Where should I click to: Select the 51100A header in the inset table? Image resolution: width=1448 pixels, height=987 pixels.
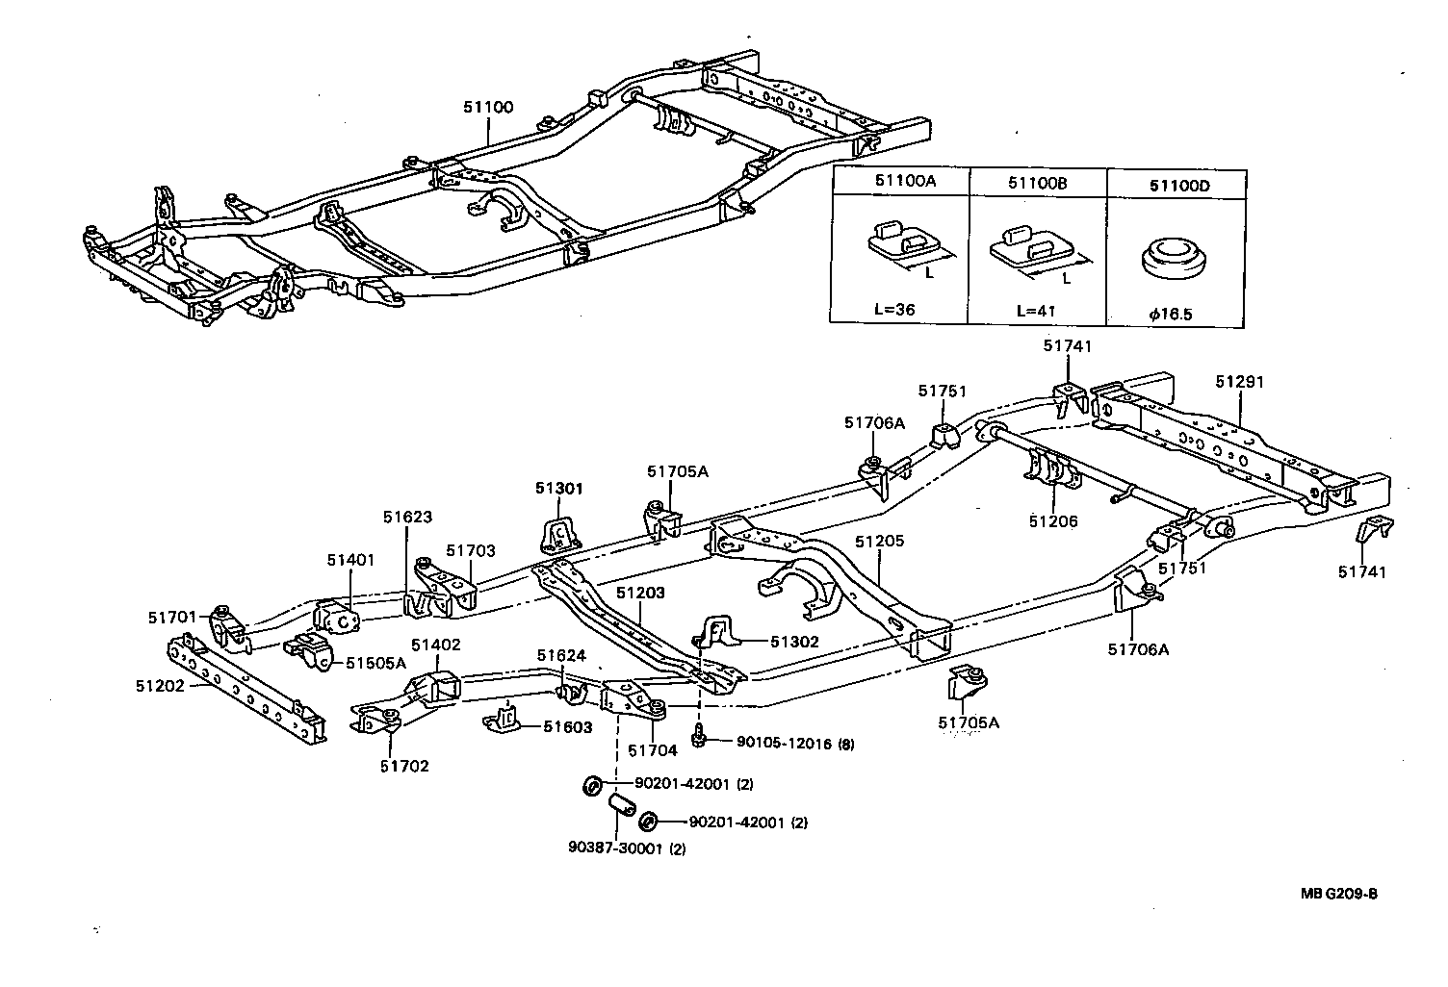coord(899,182)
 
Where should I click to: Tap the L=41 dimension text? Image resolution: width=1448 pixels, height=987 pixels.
coord(1036,312)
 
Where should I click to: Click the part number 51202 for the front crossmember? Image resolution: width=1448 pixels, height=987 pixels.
coord(160,685)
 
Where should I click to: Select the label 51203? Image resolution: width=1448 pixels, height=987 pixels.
coord(640,594)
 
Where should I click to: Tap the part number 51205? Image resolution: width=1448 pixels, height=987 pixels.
coord(880,543)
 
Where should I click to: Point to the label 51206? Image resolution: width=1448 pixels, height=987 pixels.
coord(1052,521)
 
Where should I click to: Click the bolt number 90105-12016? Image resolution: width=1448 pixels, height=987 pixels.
coord(782,743)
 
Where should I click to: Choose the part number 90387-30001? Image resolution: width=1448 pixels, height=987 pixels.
coord(614,848)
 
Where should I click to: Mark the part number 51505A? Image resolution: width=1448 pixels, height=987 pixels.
coord(375,662)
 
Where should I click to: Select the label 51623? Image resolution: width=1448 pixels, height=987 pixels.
coord(407,517)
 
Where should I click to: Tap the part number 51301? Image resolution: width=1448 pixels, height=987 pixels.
coord(559,489)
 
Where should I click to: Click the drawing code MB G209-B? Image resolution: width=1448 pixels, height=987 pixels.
coord(1339,894)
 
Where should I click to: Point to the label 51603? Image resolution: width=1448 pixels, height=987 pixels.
coord(568,727)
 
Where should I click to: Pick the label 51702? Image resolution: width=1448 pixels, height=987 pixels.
coord(404,766)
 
